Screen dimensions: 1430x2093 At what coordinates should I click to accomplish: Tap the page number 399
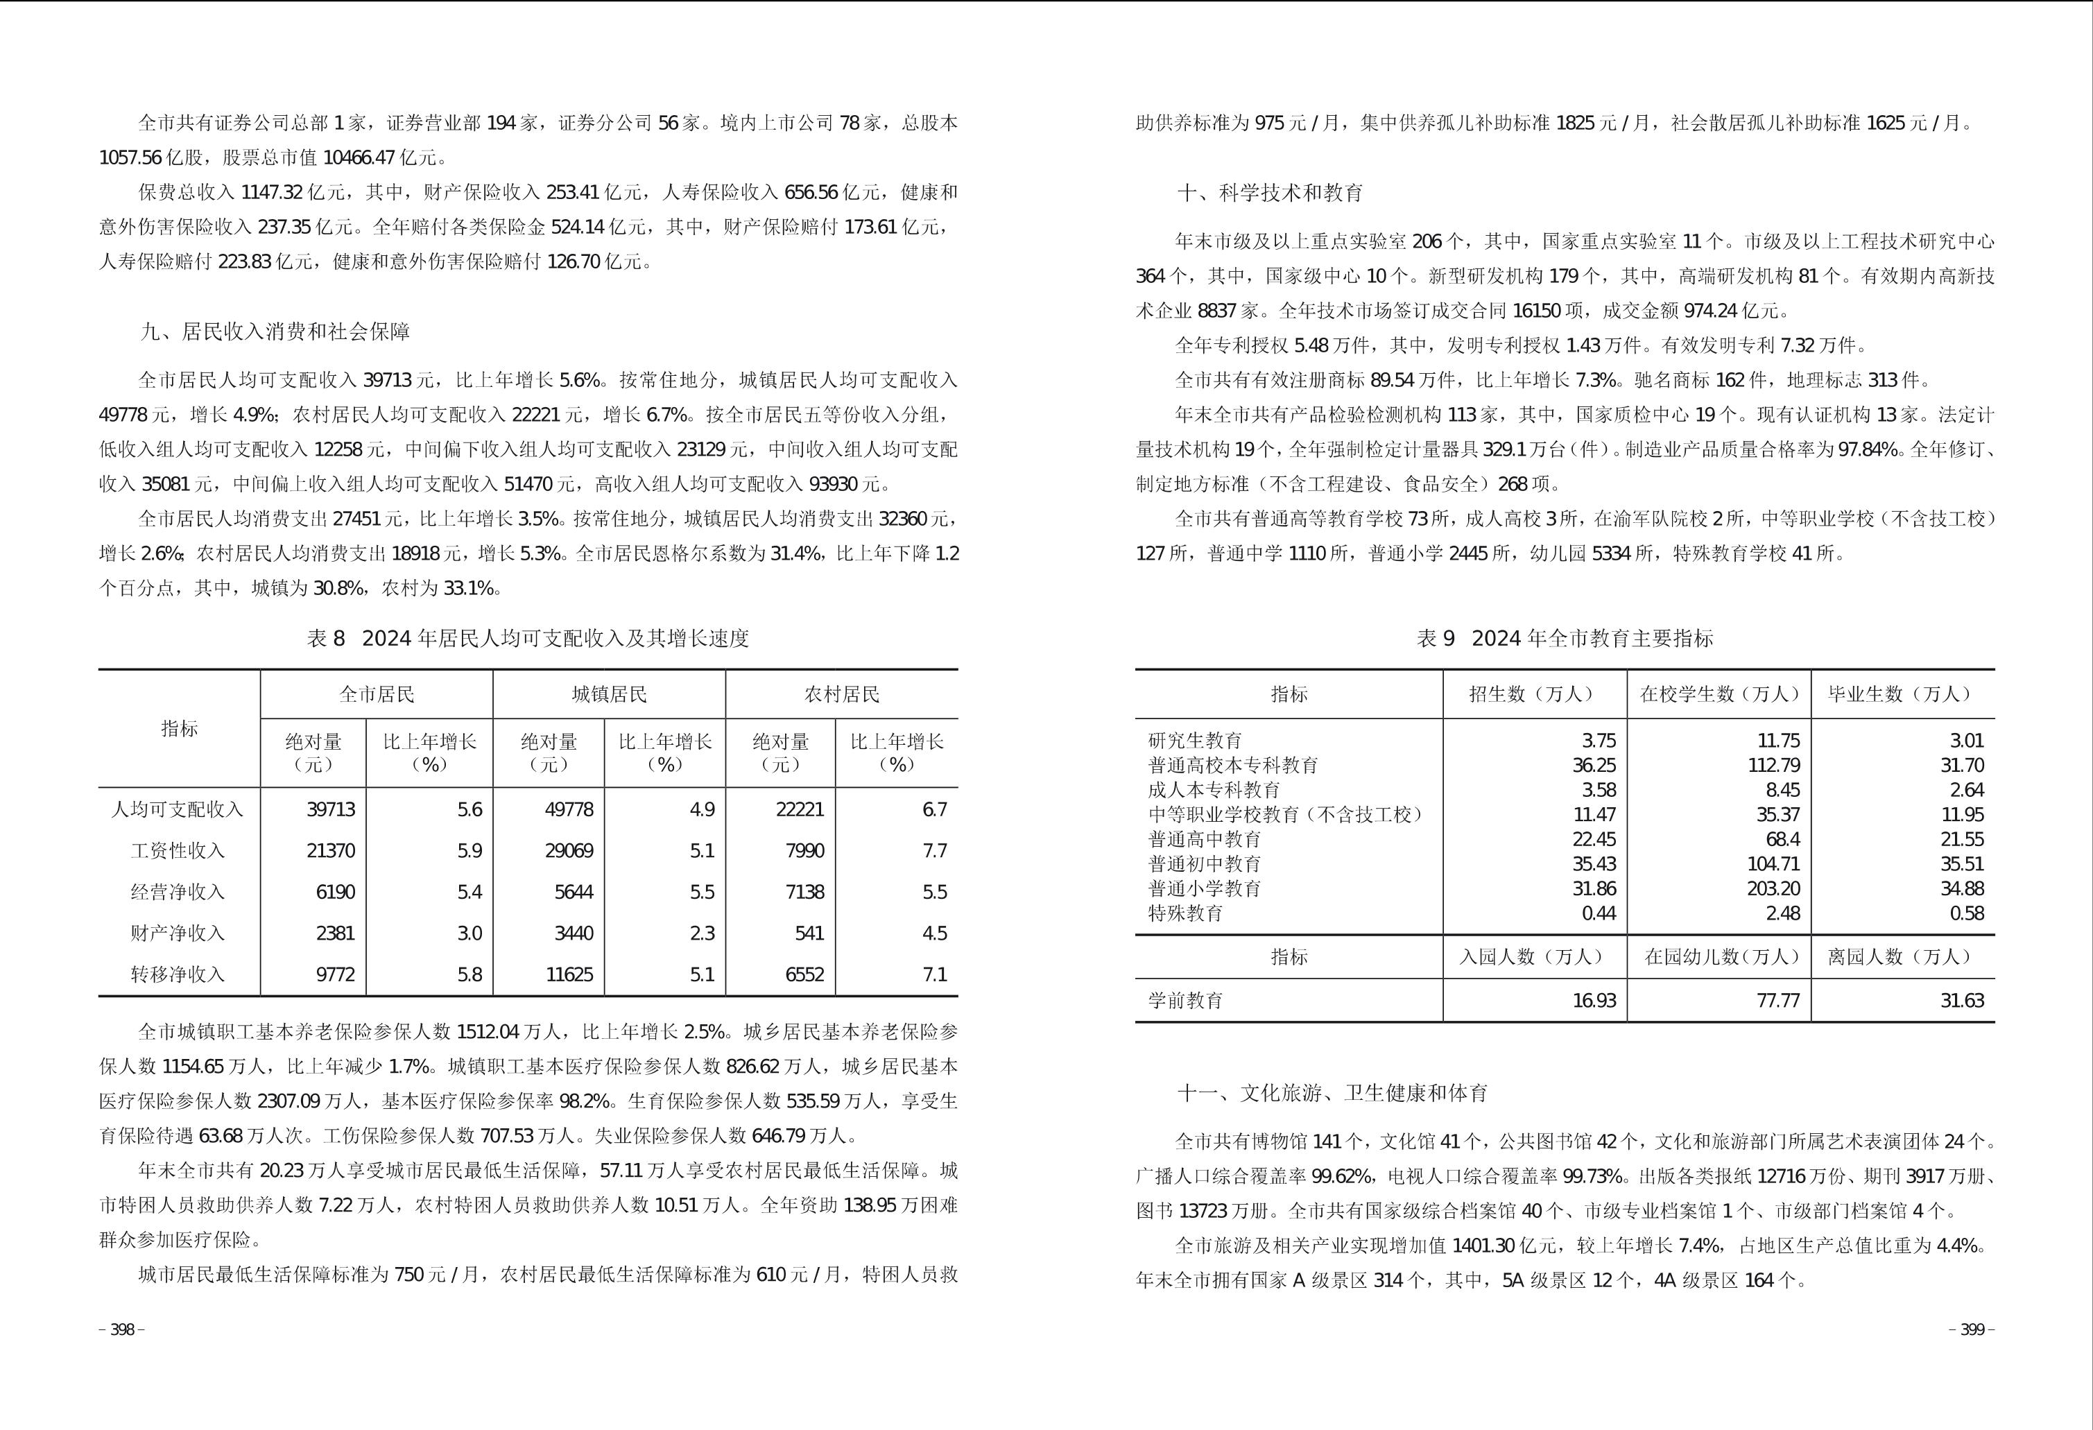pos(1972,1330)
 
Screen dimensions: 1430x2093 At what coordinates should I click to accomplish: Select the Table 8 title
pos(528,639)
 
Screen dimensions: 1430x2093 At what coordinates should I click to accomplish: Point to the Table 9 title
pos(1565,639)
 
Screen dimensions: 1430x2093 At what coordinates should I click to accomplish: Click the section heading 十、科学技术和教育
pos(1270,193)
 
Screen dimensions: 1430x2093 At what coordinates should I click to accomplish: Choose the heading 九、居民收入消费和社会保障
pos(275,331)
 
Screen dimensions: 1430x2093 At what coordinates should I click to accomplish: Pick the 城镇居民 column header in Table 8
pos(609,694)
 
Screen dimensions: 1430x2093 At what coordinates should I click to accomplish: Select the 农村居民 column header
pos(841,694)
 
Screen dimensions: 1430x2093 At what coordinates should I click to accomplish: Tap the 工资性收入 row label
pos(178,850)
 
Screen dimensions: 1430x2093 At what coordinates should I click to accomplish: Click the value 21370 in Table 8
pos(331,850)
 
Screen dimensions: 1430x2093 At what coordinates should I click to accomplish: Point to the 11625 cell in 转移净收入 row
pos(569,974)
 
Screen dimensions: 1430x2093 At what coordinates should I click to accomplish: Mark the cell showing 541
pos(809,933)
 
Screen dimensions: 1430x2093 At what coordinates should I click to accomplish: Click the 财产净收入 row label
pos(178,933)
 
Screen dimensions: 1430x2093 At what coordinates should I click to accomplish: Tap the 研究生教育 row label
pos(1195,740)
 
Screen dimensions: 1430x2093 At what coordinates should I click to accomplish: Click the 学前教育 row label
pos(1185,1001)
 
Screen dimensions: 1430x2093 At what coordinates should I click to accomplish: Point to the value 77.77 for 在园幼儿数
pos(1777,1001)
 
